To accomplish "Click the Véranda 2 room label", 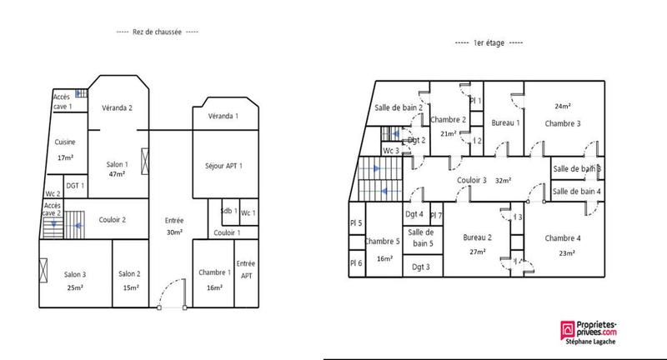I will (118, 107).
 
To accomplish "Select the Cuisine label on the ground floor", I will (65, 142).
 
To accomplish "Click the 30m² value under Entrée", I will (174, 232).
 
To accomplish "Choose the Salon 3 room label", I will (76, 274).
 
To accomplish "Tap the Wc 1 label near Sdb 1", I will (248, 212).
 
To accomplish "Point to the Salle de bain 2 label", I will (399, 107).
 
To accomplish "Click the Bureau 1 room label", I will (506, 123).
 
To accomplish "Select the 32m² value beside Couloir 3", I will (503, 180).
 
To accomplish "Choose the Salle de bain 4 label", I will (577, 192).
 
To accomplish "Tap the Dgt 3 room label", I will (421, 267).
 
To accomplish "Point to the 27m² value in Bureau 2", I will (479, 251).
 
